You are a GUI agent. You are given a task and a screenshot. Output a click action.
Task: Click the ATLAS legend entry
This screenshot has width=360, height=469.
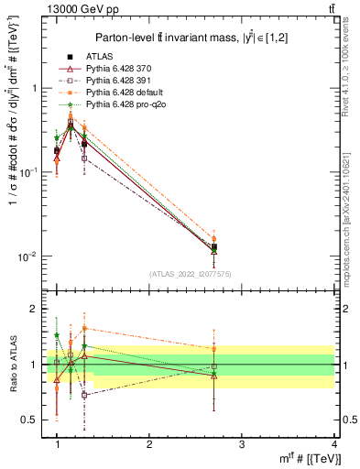(x=100, y=56)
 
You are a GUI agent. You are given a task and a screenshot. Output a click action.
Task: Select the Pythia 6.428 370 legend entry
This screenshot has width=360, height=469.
(x=121, y=69)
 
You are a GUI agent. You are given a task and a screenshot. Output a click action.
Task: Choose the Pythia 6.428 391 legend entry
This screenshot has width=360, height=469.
(x=121, y=82)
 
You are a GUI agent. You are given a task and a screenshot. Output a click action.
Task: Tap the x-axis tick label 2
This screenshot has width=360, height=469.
(x=149, y=443)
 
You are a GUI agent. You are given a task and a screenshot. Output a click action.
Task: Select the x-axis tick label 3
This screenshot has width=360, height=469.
(x=242, y=443)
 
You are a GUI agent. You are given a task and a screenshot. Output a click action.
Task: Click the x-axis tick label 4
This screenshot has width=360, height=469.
(x=333, y=443)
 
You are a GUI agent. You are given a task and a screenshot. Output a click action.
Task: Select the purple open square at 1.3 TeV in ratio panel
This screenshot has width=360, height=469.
(x=84, y=395)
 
